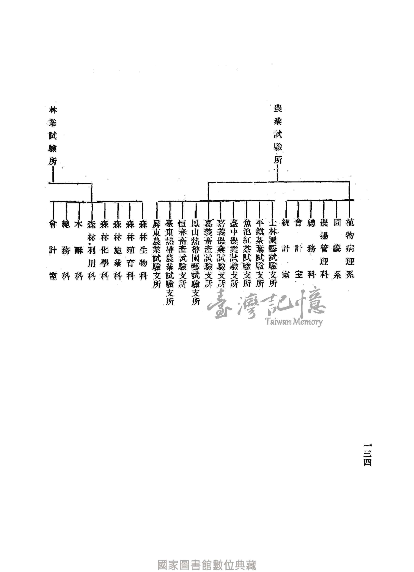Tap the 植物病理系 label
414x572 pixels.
[x=350, y=248]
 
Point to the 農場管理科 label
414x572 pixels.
[x=324, y=248]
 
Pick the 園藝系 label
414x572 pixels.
[x=337, y=248]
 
